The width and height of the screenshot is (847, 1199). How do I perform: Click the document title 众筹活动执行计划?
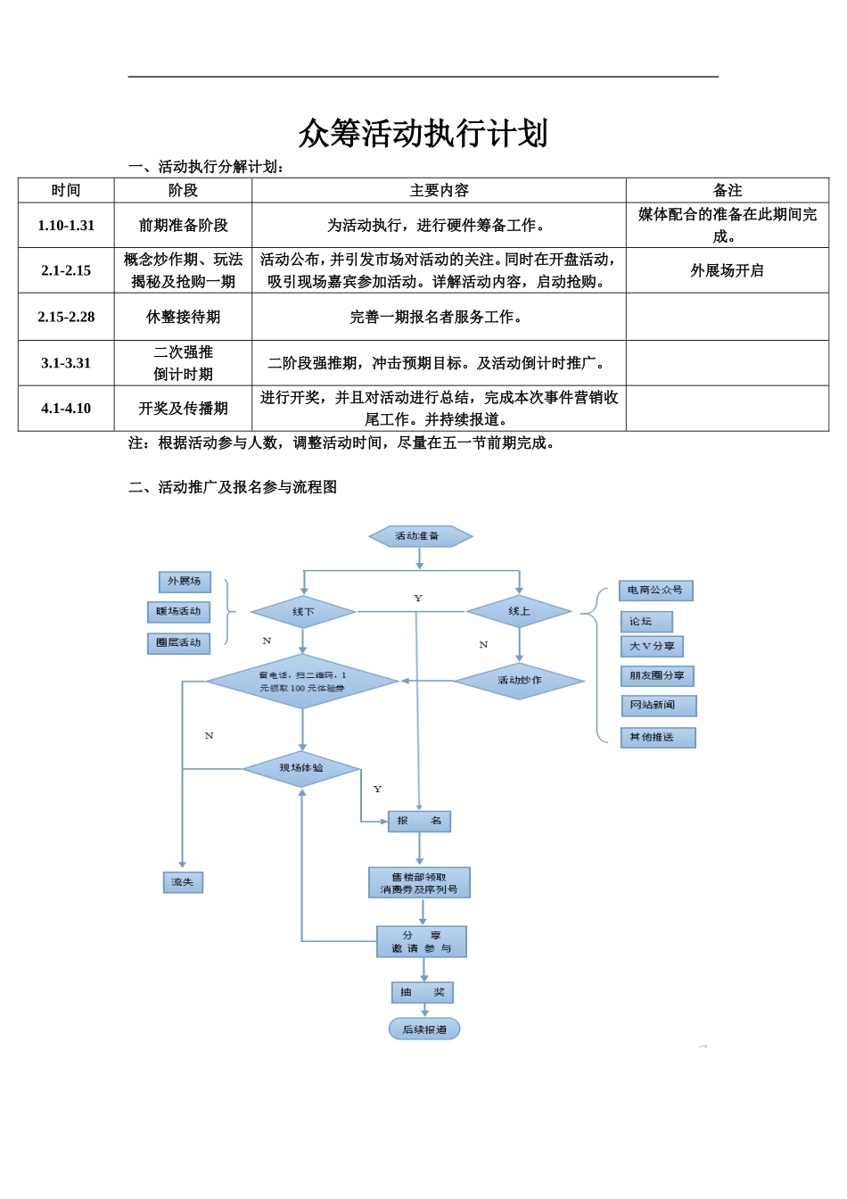click(423, 133)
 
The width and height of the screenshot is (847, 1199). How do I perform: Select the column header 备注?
click(728, 190)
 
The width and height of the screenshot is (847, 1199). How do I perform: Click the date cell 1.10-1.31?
click(66, 226)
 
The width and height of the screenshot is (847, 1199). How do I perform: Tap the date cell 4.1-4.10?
click(66, 409)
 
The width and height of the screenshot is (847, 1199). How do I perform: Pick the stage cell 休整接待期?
click(183, 317)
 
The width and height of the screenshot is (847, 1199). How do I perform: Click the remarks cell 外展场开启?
click(728, 271)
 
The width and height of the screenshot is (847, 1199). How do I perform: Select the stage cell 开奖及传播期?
click(183, 409)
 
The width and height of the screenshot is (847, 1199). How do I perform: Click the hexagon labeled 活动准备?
click(421, 536)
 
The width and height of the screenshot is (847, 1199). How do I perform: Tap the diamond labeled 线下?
click(303, 612)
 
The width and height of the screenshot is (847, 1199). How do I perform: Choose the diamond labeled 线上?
click(519, 611)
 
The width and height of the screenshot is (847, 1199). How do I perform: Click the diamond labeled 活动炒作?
click(519, 681)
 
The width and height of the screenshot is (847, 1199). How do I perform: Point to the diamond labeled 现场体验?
click(301, 769)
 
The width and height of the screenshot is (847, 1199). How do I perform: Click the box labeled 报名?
click(419, 821)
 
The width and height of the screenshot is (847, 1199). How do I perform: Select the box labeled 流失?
click(183, 882)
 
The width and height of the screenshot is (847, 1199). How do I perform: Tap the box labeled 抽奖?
click(423, 992)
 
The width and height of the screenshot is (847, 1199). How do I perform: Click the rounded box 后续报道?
click(424, 1029)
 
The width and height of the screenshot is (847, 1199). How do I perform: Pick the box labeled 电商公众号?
click(655, 591)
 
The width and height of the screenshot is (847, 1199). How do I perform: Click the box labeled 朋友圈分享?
click(657, 676)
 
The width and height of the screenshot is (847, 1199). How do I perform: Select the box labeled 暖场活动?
click(178, 612)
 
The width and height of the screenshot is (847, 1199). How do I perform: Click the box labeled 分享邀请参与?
click(422, 941)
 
